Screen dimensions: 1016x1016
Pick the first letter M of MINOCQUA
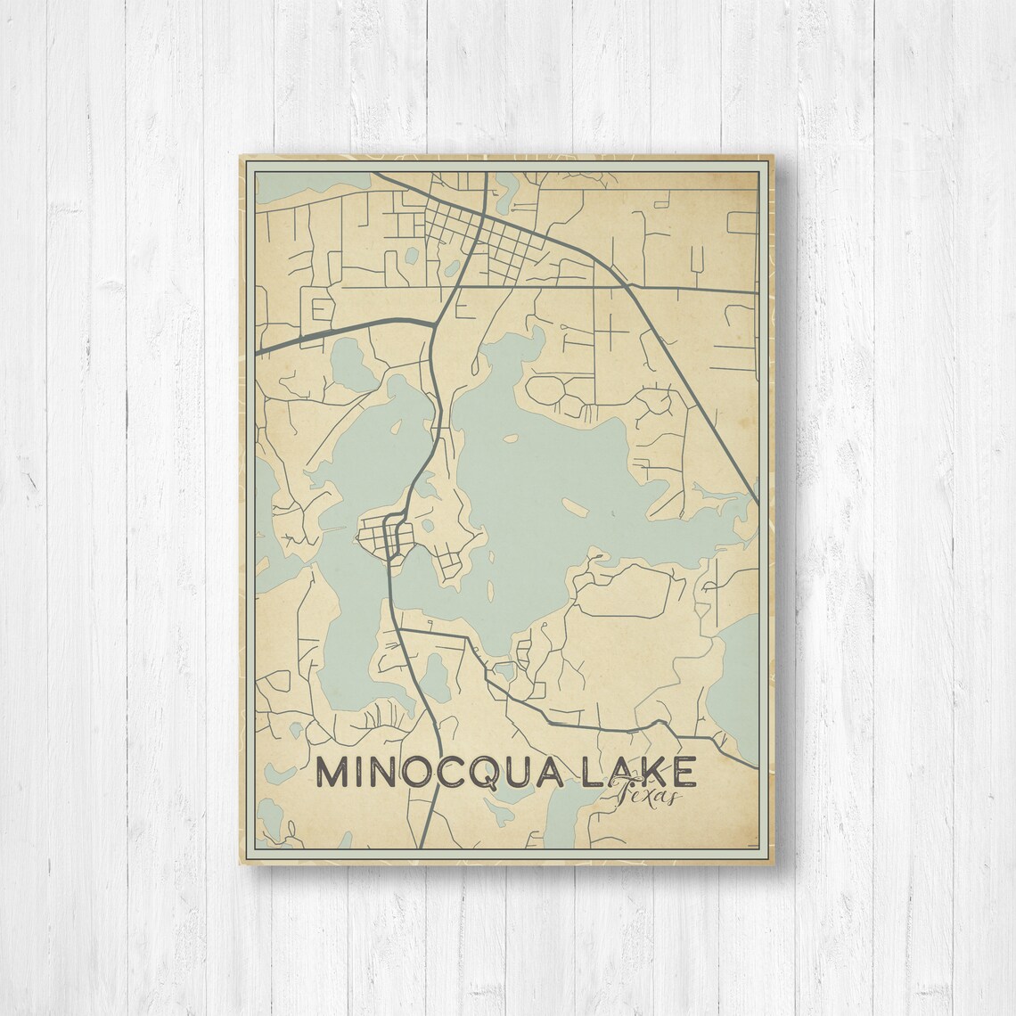click(x=333, y=773)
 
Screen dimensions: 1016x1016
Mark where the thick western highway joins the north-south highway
click(x=434, y=324)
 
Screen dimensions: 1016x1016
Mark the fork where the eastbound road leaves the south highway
click(x=398, y=629)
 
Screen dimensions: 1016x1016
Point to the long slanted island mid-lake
click(x=575, y=509)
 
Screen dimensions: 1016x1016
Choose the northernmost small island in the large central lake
click(x=510, y=438)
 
